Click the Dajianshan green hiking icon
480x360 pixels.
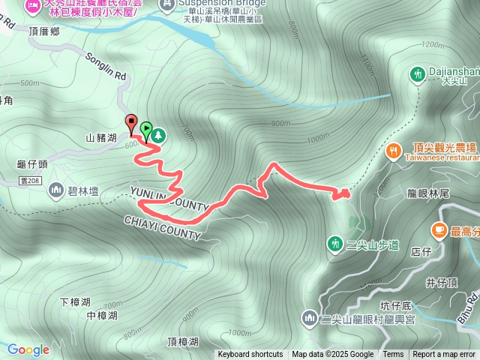[x=417, y=74]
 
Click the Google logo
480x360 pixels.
[x=28, y=349]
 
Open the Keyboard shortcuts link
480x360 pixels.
[x=250, y=355]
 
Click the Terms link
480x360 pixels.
[x=393, y=355]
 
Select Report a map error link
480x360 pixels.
[x=445, y=355]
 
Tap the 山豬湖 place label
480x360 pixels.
[x=101, y=138]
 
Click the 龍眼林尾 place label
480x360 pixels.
[x=428, y=193]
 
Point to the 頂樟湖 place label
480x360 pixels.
[x=183, y=342]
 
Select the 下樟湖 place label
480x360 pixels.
[x=74, y=301]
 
